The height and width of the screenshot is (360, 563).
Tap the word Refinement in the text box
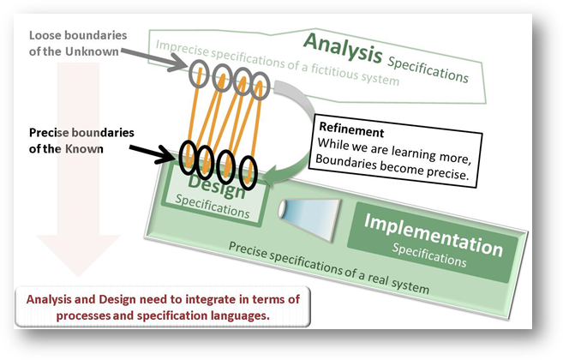click(x=351, y=129)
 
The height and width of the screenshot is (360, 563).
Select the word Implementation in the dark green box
click(x=434, y=235)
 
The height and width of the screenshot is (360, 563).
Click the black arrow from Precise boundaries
click(x=151, y=153)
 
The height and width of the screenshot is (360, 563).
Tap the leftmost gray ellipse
click(x=199, y=74)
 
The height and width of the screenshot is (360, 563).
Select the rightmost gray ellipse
click(x=260, y=86)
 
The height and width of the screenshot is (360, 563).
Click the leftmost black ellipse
click(x=189, y=158)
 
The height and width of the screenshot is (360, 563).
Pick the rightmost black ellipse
click(x=249, y=173)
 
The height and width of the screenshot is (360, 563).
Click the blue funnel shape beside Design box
click(x=309, y=219)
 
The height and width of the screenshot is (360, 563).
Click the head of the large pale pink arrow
click(x=78, y=255)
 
